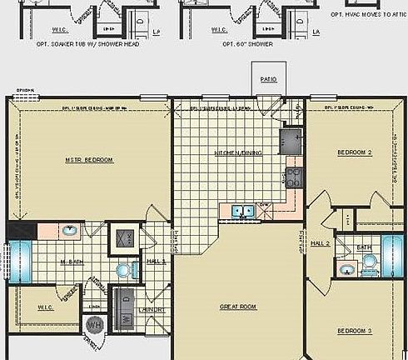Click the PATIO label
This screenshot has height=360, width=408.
(267, 82)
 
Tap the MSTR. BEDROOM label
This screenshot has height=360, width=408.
(89, 160)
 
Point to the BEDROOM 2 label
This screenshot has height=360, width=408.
(354, 152)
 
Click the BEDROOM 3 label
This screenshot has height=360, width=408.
(354, 331)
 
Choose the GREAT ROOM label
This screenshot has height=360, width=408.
(238, 307)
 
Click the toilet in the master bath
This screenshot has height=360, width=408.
(125, 269)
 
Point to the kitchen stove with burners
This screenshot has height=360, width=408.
(292, 176)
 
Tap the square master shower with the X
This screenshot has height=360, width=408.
(126, 237)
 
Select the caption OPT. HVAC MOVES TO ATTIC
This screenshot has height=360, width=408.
(368, 14)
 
